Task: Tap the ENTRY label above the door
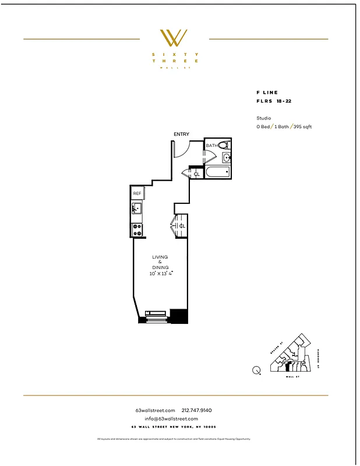point(181,135)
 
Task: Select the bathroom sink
point(227,157)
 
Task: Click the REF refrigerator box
point(137,193)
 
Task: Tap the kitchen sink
point(136,209)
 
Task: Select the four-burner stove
point(137,228)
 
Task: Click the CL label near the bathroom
point(197,174)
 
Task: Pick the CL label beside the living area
point(182,226)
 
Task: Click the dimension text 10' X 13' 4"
point(160,273)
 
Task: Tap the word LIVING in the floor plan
point(160,257)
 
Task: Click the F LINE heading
point(267,93)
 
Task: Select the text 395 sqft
point(301,126)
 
